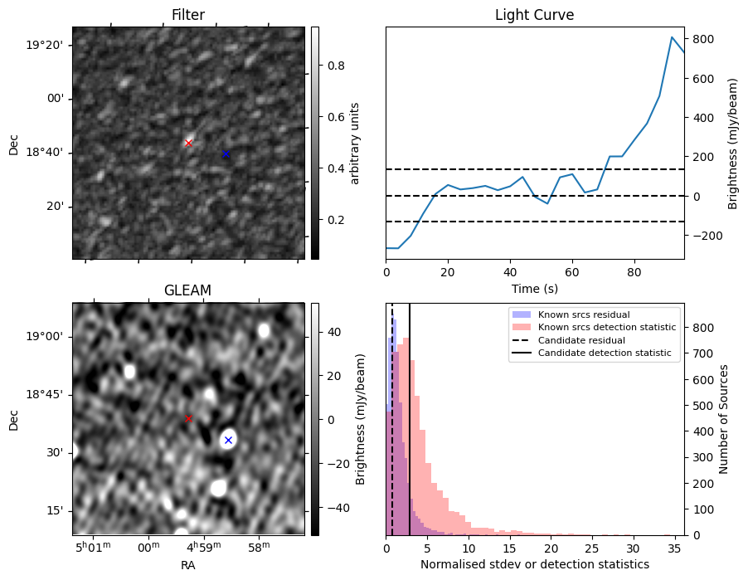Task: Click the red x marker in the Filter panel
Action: [x=188, y=143]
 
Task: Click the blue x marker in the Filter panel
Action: [x=226, y=154]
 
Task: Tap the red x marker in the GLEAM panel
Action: [x=188, y=418]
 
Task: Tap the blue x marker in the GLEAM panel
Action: [x=228, y=440]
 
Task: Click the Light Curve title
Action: [x=534, y=15]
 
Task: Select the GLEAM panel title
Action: [x=188, y=290]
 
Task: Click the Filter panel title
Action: [x=188, y=15]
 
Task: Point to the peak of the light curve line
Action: [x=672, y=37]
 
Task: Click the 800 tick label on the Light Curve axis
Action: [x=704, y=39]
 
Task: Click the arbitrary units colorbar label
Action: [x=355, y=143]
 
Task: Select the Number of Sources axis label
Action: [x=723, y=418]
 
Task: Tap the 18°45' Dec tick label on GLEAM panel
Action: [x=49, y=394]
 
